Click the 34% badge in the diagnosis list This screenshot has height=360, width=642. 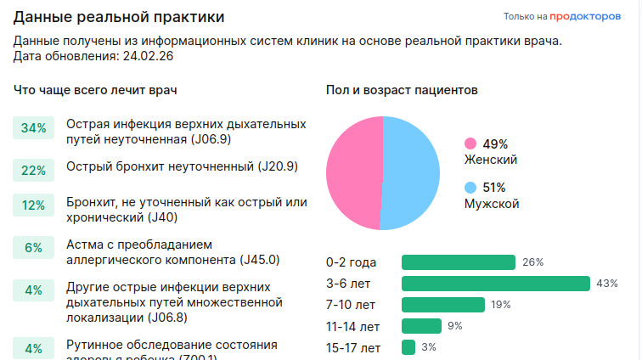point(33,128)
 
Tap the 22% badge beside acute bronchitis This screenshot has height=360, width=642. point(33,170)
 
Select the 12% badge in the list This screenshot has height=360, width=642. point(33,205)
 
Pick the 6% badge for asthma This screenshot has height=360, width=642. point(33,248)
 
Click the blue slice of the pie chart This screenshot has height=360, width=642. point(412,173)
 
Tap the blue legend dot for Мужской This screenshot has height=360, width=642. point(470,187)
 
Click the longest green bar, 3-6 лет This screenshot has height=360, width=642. point(496,284)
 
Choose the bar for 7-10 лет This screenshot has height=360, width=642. point(443,305)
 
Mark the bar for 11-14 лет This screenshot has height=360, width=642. point(421,326)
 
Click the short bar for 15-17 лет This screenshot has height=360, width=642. point(408,347)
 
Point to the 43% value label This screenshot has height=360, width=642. point(607,284)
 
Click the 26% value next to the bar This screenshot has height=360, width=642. point(532,262)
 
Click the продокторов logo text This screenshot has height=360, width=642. point(585,15)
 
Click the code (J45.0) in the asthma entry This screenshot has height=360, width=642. point(261,259)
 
